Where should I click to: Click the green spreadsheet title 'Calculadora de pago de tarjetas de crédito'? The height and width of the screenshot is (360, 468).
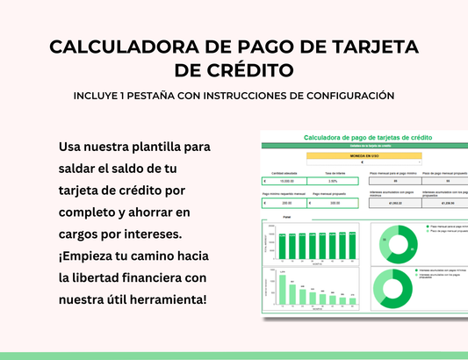[367, 139]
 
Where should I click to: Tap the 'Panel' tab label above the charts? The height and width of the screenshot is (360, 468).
[286, 216]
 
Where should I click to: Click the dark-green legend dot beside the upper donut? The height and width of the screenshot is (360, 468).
[426, 225]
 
